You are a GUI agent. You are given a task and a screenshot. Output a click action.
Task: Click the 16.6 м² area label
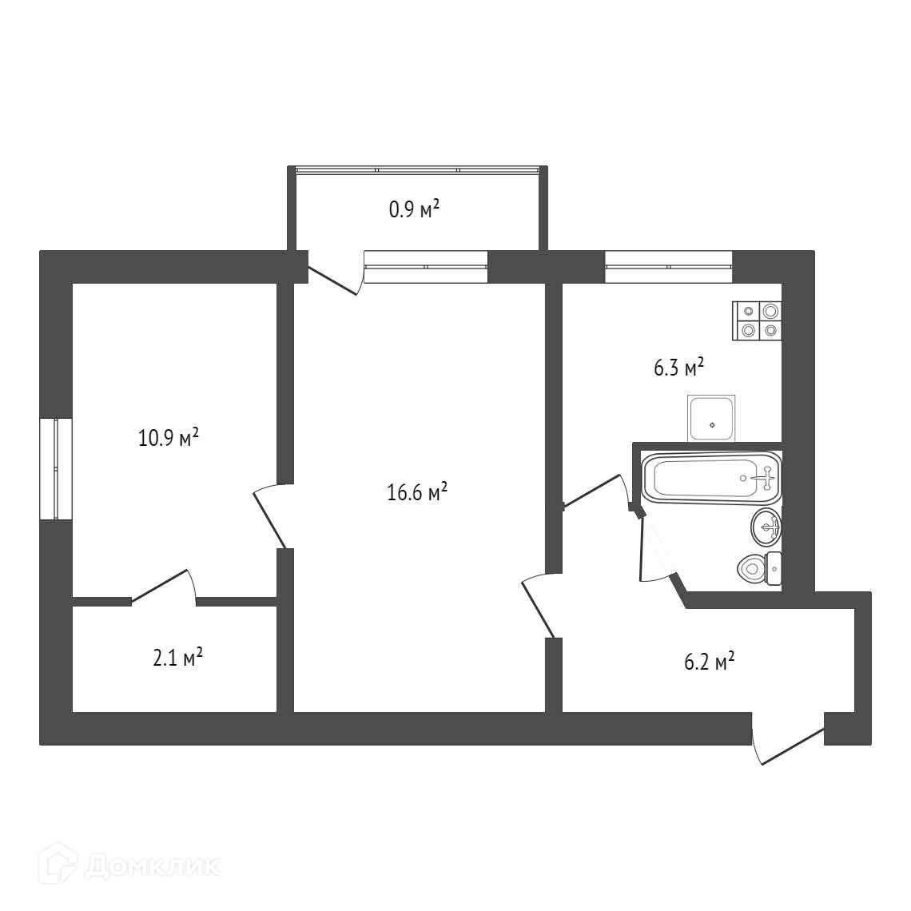coord(416,493)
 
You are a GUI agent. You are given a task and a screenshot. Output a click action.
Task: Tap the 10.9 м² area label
coord(169,437)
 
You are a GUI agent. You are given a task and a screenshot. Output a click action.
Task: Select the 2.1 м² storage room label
coord(177,658)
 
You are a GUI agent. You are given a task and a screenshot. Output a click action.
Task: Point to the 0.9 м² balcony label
coord(414,209)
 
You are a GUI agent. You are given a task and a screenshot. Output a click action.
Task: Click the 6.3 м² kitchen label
coord(679,367)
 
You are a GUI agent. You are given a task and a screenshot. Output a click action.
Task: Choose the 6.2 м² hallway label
coord(710,662)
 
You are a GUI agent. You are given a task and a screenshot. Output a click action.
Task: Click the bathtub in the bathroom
coord(711,478)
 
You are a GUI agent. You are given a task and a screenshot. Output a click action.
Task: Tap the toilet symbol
coord(759,568)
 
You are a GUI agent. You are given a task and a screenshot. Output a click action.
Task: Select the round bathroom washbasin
coord(766,527)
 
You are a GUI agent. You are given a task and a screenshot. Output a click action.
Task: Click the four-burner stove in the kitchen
coord(757,320)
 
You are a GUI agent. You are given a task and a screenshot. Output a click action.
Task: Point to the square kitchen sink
coord(712,418)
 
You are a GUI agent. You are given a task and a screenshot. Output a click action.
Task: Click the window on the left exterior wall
coord(56,468)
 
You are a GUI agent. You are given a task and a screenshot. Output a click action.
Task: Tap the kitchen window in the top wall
coord(668,267)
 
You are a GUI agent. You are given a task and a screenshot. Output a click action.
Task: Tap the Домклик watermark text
coord(153,867)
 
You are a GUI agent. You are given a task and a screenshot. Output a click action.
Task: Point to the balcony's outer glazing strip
coord(418,170)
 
